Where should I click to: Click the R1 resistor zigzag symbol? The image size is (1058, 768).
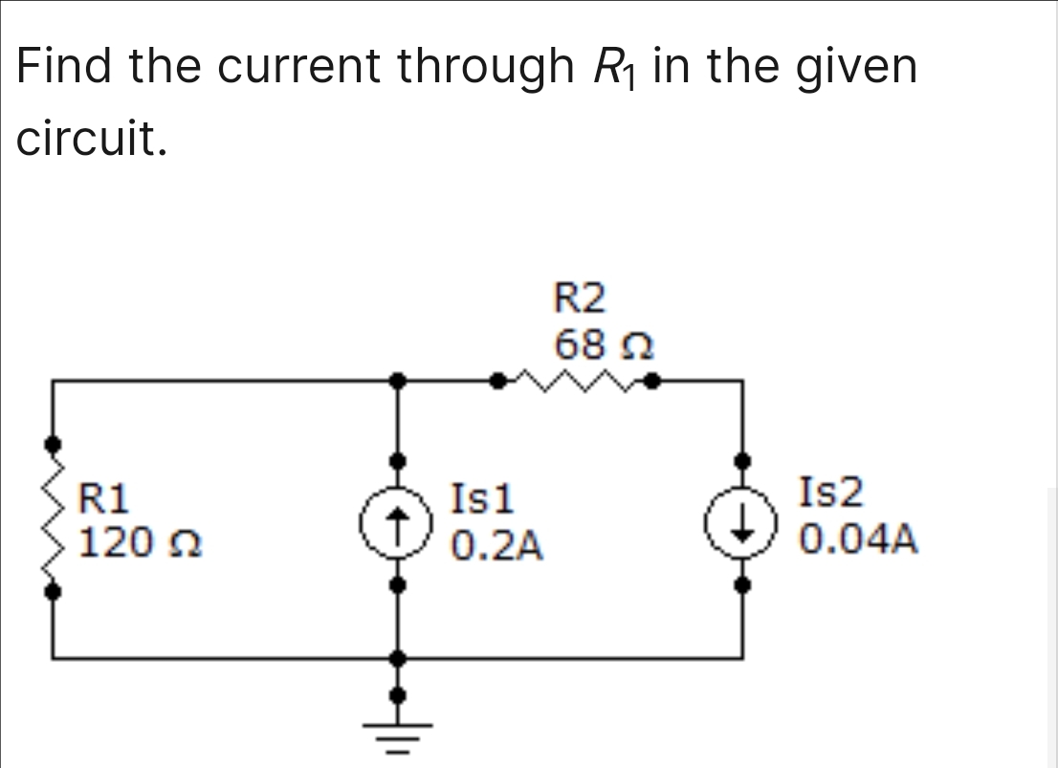(54, 518)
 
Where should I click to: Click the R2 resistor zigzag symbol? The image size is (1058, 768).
(574, 382)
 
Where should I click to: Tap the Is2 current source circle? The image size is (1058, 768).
(742, 522)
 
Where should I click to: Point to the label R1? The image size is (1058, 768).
(104, 497)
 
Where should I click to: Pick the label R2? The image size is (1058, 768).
(580, 299)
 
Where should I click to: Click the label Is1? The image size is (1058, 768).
(483, 497)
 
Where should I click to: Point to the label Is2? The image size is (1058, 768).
(830, 494)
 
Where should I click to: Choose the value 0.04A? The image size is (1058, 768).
(859, 539)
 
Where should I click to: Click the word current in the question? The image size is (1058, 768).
(301, 67)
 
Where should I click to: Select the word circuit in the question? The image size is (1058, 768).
(92, 140)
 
